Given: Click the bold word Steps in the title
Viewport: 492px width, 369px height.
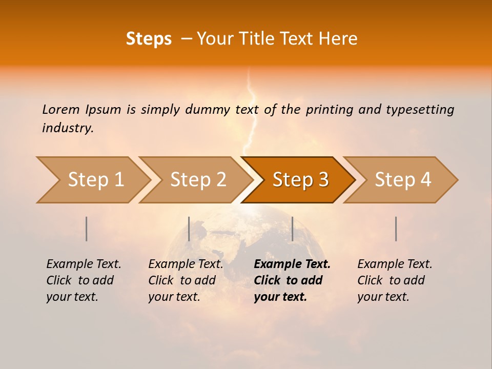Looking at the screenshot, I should coord(149,39).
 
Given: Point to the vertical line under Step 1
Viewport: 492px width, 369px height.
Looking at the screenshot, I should coord(87,229).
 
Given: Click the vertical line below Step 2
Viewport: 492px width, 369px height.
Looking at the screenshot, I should coord(189,229).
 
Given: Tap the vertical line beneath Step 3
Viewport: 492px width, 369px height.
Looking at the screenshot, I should coord(292,229).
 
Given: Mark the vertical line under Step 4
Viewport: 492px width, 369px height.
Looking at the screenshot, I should coord(396,229).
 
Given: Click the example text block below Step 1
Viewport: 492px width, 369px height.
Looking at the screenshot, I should coord(84,280).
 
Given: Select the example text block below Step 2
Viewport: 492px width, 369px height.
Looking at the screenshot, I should coord(186,280).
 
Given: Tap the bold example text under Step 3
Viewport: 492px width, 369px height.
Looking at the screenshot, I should coord(292,280).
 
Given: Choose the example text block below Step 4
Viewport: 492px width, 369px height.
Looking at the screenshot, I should coord(395,280).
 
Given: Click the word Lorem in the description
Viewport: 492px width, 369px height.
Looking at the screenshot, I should coord(61,110).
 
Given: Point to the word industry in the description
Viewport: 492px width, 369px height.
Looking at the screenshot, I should coord(67,128).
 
